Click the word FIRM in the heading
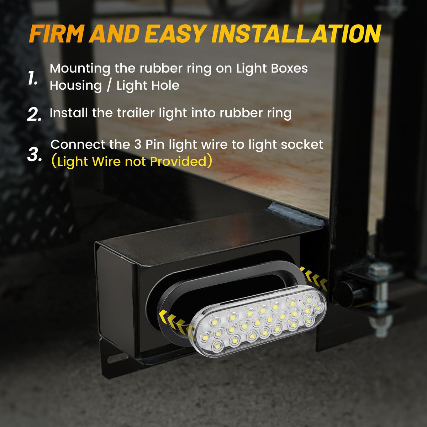pyautogui.click(x=57, y=33)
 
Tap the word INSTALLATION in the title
pyautogui.click(x=296, y=33)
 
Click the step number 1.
pyautogui.click(x=33, y=78)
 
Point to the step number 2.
pyautogui.click(x=34, y=114)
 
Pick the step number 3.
pyautogui.click(x=35, y=154)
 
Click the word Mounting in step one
pyautogui.click(x=80, y=69)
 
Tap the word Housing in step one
pyautogui.click(x=76, y=85)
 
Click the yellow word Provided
pyautogui.click(x=178, y=162)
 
